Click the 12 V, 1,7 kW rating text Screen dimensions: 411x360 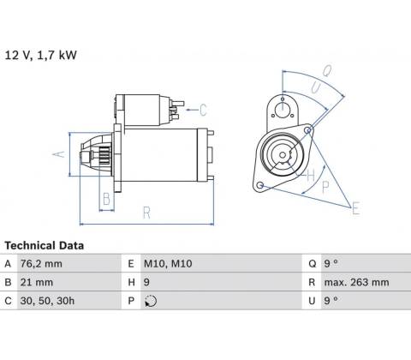tap(41, 55)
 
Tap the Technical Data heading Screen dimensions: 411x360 tap(45, 245)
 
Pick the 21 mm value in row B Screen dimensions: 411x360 tap(37, 282)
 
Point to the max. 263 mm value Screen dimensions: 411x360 tap(356, 282)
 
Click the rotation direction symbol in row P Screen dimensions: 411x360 tap(151, 301)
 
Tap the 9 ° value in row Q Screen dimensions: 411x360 tap(331, 263)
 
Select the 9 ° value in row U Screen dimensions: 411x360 tap(331, 301)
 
